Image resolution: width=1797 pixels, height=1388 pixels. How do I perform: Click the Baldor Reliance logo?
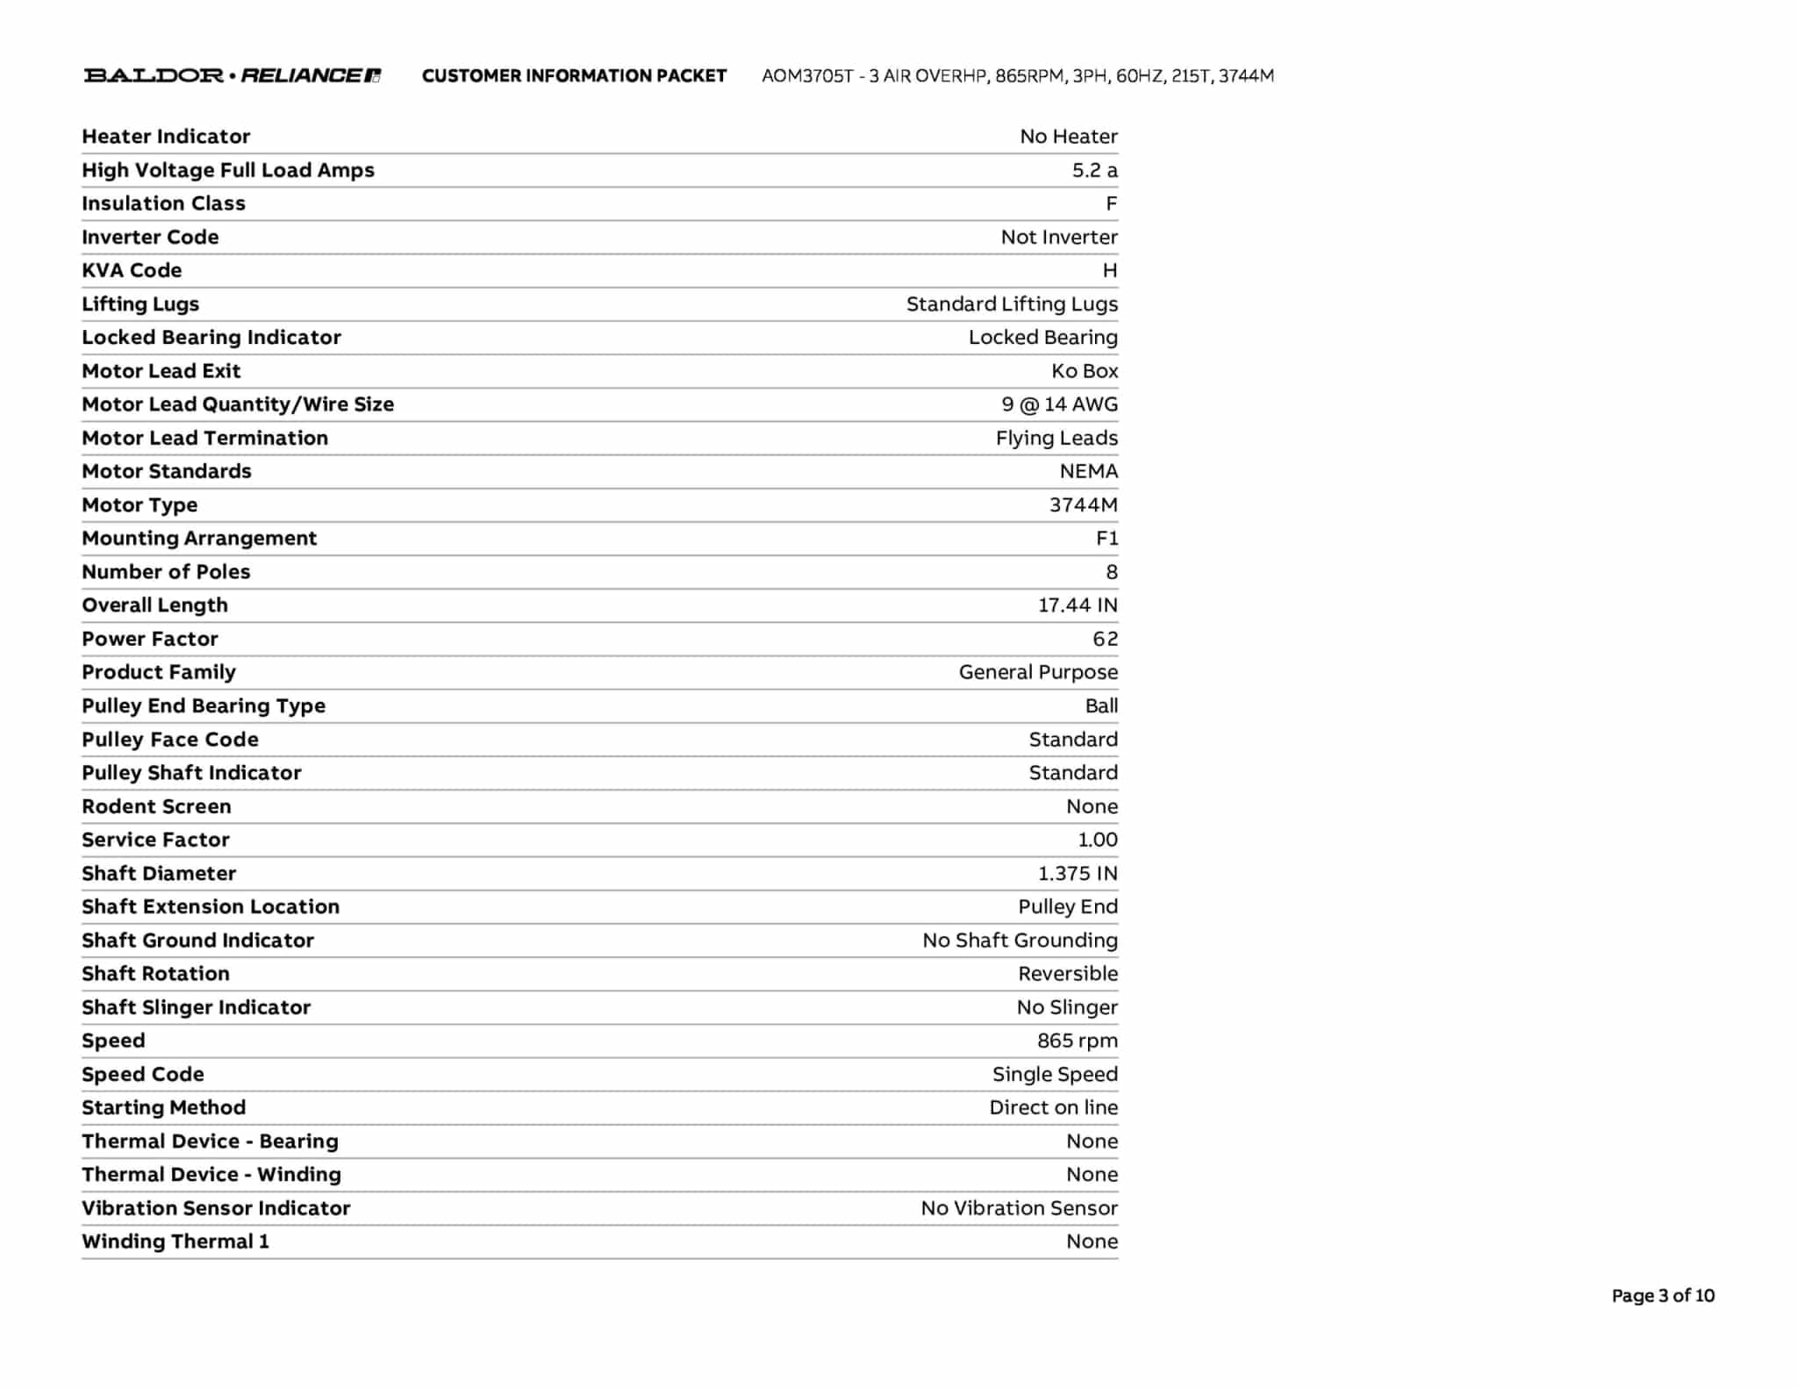tap(232, 75)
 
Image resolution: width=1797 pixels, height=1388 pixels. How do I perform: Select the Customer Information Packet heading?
tap(574, 76)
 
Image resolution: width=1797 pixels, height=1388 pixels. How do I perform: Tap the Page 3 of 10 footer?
tap(1663, 1296)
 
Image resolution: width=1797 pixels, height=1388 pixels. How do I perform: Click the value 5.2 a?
tap(1094, 170)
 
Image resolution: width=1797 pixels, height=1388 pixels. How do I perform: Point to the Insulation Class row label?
tap(163, 204)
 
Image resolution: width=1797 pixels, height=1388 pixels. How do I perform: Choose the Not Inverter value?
tap(1059, 237)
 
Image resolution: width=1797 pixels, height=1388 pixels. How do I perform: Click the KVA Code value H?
tap(1110, 270)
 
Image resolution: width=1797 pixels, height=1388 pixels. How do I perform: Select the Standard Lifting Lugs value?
tap(1012, 304)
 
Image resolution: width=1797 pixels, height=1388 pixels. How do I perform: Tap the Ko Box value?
tap(1085, 371)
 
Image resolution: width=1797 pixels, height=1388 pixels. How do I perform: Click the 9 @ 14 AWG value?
tap(1060, 404)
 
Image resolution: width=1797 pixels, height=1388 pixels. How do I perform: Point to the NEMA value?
tap(1088, 471)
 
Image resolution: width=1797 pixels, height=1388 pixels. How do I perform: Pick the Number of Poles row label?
tap(166, 572)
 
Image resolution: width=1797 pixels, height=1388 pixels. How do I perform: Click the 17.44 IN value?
tap(1077, 605)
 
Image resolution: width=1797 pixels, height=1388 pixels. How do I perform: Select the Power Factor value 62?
tap(1105, 639)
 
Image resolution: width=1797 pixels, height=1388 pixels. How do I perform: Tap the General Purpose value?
tap(1038, 672)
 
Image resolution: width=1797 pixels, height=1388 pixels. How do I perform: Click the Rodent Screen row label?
tap(156, 806)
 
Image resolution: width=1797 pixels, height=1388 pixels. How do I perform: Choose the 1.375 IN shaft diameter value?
tap(1077, 873)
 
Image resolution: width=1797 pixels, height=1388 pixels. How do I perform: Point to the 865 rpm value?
tap(1077, 1041)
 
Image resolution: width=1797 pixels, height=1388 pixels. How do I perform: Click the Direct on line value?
tap(1053, 1107)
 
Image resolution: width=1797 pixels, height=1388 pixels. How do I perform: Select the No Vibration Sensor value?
tap(1019, 1208)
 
